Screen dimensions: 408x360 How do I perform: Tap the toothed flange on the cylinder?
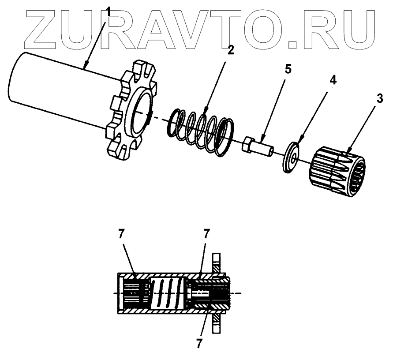(x=128, y=110)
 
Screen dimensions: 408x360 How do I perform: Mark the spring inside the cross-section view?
(x=167, y=293)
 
